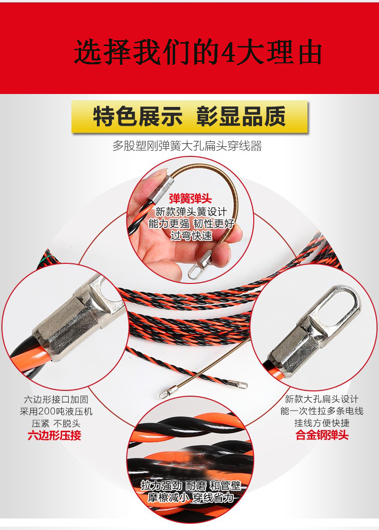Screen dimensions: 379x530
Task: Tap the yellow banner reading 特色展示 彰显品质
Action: (189, 117)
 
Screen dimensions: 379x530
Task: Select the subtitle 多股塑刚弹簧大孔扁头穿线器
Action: (187, 146)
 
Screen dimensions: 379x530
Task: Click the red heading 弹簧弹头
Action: (190, 199)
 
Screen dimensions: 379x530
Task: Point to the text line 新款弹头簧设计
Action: (191, 212)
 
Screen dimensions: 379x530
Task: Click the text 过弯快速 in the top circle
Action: (191, 236)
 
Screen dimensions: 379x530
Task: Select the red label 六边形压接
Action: (54, 436)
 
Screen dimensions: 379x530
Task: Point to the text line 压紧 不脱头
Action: (56, 423)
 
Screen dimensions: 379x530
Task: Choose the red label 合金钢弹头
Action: (322, 435)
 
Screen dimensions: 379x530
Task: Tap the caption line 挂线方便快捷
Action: (322, 423)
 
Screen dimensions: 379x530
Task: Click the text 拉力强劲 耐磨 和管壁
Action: (190, 486)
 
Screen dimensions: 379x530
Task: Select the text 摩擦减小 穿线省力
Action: (190, 497)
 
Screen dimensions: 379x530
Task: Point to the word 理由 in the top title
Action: (294, 53)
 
